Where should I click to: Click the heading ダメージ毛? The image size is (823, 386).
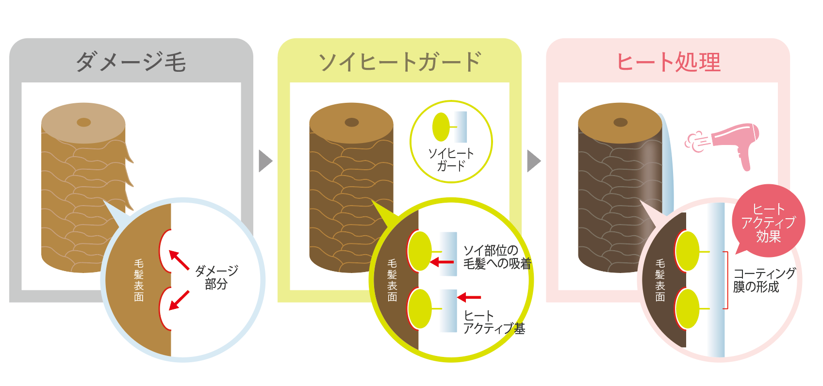pyautogui.click(x=131, y=62)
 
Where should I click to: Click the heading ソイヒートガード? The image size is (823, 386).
pyautogui.click(x=399, y=62)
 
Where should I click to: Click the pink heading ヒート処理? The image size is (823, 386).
pyautogui.click(x=668, y=62)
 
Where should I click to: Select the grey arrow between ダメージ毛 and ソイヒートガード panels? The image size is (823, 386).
pyautogui.click(x=265, y=161)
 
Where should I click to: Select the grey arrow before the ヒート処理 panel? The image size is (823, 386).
pyautogui.click(x=533, y=161)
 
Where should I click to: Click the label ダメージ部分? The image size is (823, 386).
pyautogui.click(x=216, y=277)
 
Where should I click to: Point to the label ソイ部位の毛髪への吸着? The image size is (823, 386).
pyautogui.click(x=496, y=257)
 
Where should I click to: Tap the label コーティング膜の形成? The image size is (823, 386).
pyautogui.click(x=764, y=280)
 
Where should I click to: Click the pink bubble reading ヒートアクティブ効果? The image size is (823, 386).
pyautogui.click(x=768, y=223)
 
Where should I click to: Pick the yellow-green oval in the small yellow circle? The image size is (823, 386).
pyautogui.click(x=441, y=127)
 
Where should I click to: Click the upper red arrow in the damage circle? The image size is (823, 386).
pyautogui.click(x=179, y=259)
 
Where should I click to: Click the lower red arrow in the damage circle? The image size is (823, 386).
pyautogui.click(x=179, y=300)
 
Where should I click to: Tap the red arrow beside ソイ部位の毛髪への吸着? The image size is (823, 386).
pyautogui.click(x=442, y=262)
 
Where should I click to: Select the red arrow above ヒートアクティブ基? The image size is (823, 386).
pyautogui.click(x=469, y=297)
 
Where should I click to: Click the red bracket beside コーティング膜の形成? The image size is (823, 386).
pyautogui.click(x=726, y=280)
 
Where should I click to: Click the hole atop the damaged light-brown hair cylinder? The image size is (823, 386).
pyautogui.click(x=84, y=122)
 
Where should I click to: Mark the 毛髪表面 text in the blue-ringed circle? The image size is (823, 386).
pyautogui.click(x=139, y=280)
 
